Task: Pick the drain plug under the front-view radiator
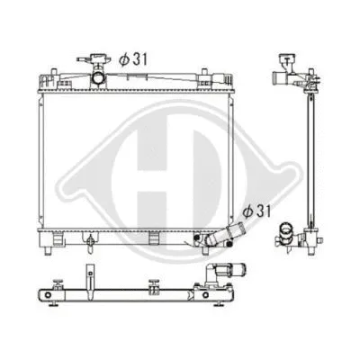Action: tap(91, 243)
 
